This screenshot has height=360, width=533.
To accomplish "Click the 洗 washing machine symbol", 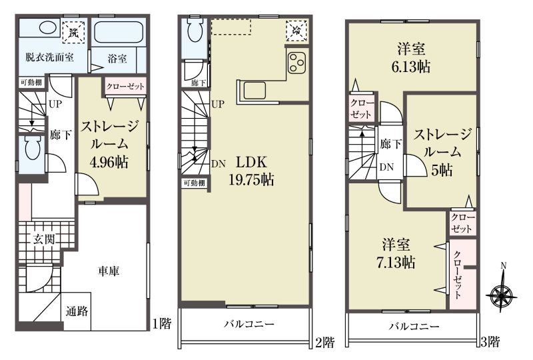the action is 73,32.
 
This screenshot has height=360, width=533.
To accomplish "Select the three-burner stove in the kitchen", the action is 296,63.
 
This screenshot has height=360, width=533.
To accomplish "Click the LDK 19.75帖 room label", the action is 252,171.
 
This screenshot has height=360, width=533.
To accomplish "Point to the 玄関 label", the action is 44,239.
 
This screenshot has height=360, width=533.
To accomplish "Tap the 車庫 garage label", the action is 109,271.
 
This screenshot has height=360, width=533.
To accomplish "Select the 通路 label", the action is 77,311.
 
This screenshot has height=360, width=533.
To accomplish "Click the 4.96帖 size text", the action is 109,162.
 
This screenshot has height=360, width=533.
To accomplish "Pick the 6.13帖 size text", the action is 411,67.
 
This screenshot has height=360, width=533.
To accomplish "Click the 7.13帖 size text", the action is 396,263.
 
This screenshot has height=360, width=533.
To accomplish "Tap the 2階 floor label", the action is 325,341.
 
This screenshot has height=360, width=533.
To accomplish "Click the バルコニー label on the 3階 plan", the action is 414,327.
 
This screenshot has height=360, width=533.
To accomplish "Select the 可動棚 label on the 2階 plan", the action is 195,183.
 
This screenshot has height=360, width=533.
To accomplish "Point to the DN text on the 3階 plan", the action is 386,167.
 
